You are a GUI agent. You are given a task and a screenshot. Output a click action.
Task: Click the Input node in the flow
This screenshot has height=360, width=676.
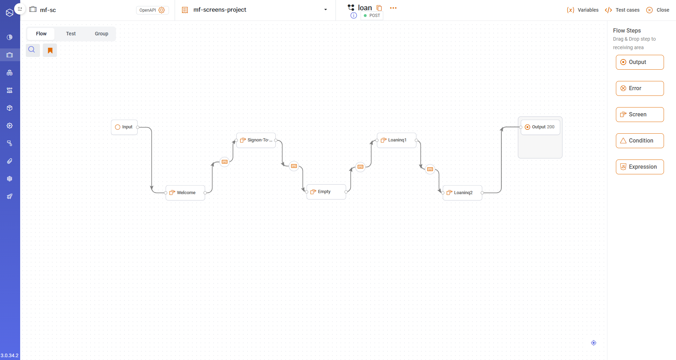click(124, 127)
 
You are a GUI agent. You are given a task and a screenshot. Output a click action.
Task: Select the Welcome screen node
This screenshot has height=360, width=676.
click(185, 193)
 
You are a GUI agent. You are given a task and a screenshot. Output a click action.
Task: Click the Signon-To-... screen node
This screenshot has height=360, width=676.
click(256, 140)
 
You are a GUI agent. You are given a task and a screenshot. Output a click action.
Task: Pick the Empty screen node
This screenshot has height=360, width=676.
click(326, 192)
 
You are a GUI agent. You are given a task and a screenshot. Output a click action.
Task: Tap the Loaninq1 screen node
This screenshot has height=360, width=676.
click(396, 140)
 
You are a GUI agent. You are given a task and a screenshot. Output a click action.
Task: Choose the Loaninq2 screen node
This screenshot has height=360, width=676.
click(462, 193)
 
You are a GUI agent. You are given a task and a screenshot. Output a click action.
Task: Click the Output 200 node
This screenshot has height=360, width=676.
click(540, 127)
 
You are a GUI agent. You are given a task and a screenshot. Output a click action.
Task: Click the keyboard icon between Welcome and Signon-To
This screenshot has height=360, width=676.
click(225, 162)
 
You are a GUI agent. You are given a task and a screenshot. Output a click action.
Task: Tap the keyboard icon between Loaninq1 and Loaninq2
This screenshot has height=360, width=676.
click(430, 169)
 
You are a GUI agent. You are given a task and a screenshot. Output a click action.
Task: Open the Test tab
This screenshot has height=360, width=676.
click(71, 34)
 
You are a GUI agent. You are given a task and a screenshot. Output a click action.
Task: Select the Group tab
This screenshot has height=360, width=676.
click(101, 34)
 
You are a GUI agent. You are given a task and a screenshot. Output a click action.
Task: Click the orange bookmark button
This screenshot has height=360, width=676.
click(50, 50)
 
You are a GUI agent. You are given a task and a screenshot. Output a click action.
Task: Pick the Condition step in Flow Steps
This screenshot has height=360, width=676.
click(640, 141)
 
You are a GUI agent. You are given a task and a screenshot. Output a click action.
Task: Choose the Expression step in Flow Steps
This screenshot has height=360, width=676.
click(640, 167)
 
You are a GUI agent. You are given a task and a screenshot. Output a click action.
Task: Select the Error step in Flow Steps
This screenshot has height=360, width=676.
click(640, 88)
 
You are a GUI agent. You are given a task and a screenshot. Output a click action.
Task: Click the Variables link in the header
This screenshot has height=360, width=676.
click(583, 10)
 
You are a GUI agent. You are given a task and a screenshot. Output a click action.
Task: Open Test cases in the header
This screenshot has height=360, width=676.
click(622, 10)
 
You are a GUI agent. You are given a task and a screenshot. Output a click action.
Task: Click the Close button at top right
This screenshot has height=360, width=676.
click(658, 10)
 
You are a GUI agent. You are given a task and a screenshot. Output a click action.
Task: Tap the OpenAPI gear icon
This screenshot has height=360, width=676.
click(162, 10)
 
